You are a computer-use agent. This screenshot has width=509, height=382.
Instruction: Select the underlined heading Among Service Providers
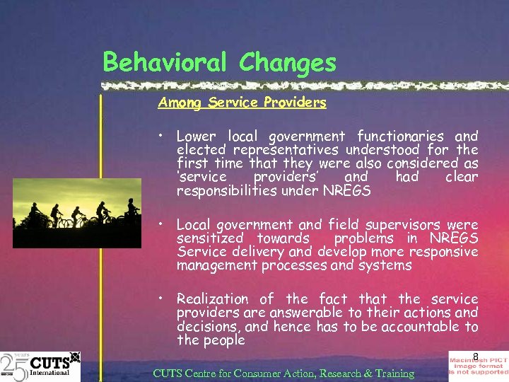242,103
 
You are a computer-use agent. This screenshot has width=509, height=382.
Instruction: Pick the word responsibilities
228,190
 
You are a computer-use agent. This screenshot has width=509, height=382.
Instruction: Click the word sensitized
209,238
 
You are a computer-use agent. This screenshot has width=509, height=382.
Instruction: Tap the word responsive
443,252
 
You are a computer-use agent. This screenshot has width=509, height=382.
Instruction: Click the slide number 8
476,356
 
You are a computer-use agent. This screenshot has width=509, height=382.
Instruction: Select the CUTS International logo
40,366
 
